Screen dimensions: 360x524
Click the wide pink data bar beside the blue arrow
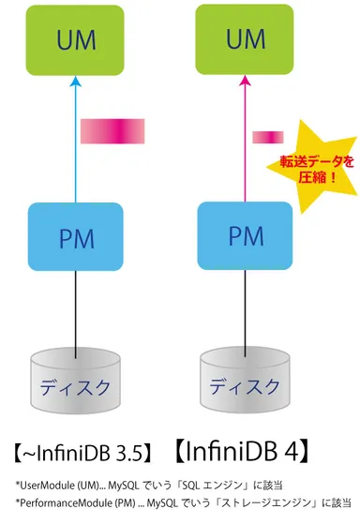click(112, 131)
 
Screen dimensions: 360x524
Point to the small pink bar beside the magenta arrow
click(267, 138)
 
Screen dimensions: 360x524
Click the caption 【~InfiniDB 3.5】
click(82, 454)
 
